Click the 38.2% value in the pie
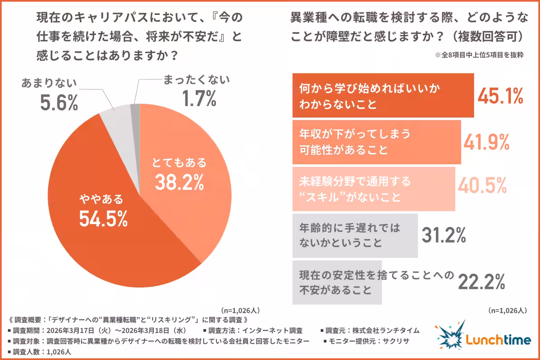[x=179, y=182]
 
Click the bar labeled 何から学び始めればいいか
[x=382, y=95]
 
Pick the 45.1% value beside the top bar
[x=500, y=96]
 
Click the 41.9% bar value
[x=486, y=142]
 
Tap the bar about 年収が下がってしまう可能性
[x=376, y=142]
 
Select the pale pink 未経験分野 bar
[x=373, y=189]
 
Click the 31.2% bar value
[x=443, y=234]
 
